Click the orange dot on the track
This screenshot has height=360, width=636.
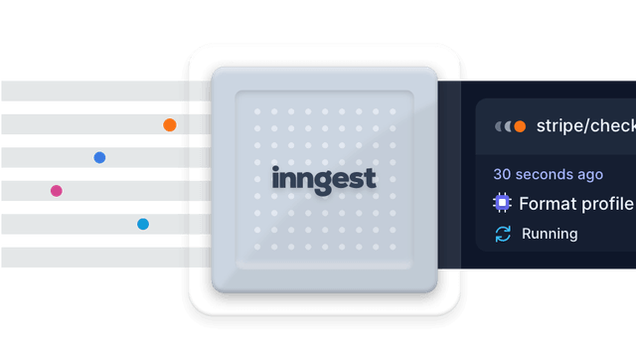tap(170, 125)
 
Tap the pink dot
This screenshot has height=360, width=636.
tap(57, 191)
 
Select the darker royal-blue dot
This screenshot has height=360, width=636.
tap(99, 157)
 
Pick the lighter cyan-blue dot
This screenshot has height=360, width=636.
tap(143, 225)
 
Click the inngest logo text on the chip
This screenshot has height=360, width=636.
tap(324, 179)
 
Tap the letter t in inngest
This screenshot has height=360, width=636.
tap(371, 178)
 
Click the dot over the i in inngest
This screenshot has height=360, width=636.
tap(275, 169)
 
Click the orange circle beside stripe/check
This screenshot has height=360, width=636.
tap(519, 126)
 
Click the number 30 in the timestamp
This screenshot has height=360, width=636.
tap(503, 174)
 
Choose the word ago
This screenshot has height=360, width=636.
tap(590, 174)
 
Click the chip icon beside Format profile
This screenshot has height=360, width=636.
tap(503, 204)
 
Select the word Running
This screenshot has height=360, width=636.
tap(550, 234)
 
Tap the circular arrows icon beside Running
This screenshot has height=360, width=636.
tap(503, 234)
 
